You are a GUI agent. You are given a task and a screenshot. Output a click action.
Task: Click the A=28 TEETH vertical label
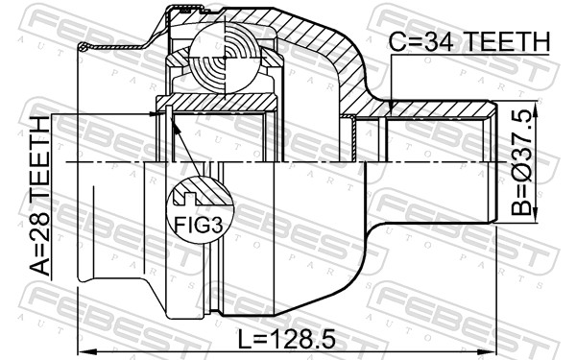(40, 197)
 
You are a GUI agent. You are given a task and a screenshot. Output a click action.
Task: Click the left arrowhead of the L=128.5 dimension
(83, 348)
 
